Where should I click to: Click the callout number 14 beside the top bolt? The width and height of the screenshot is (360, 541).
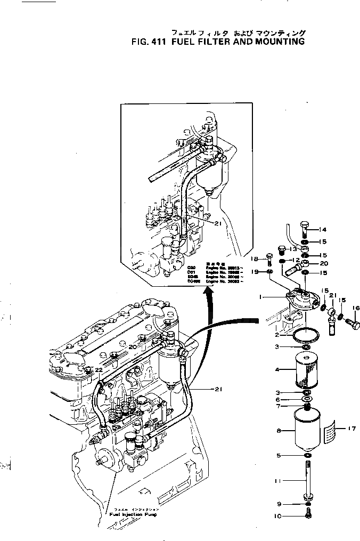point(323,230)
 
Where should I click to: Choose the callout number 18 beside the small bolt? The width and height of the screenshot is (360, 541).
point(255,259)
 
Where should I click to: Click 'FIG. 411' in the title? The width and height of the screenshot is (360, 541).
point(148,42)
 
